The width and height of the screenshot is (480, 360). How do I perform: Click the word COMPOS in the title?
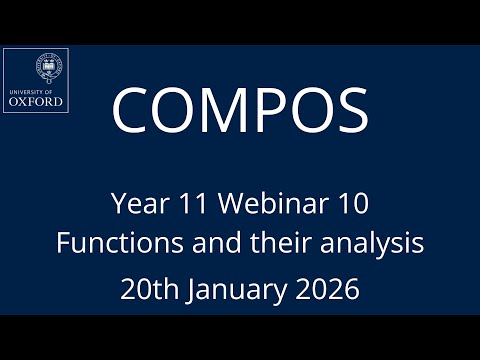pyautogui.click(x=240, y=109)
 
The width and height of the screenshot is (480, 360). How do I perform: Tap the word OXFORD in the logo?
pyautogui.click(x=35, y=101)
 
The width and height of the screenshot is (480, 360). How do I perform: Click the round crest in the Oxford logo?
pyautogui.click(x=46, y=66)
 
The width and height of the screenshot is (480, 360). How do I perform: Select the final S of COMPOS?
pyautogui.click(x=349, y=109)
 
